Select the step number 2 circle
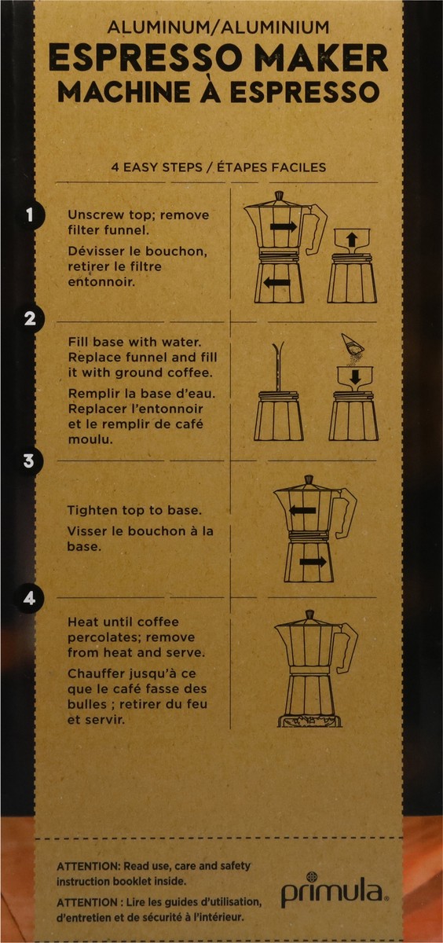click(29, 319)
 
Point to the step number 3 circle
click(28, 460)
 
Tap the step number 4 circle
click(28, 598)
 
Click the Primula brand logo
click(335, 890)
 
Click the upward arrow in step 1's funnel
click(351, 240)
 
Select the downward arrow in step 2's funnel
click(356, 376)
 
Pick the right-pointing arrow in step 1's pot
click(284, 226)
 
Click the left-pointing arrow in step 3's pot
click(302, 511)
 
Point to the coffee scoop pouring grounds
click(353, 344)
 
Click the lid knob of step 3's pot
click(309, 480)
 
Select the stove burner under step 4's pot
click(309, 721)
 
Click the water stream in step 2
click(278, 366)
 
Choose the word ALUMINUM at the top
click(159, 28)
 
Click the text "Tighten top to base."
click(134, 510)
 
